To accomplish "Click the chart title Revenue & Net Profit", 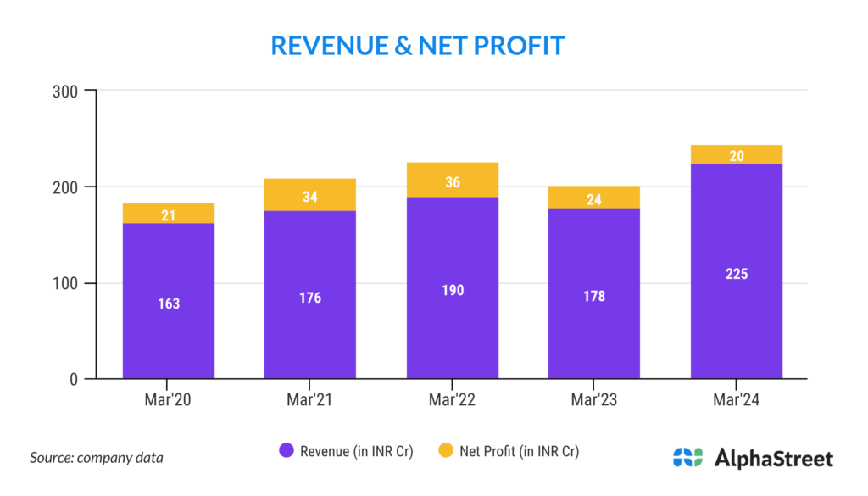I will click(418, 45).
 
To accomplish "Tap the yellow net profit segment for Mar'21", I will click(310, 195).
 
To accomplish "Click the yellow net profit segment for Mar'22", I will click(453, 180).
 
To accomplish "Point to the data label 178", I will click(594, 296).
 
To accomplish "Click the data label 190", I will click(453, 290).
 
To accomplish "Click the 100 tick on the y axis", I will click(68, 283).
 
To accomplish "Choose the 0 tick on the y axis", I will click(75, 379).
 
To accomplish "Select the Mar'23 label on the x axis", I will click(594, 399).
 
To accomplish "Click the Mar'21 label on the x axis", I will click(310, 399).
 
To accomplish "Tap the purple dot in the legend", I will click(287, 451).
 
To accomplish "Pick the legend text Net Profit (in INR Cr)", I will click(519, 451).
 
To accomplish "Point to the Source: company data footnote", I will click(96, 458).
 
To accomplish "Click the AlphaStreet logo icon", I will click(687, 458).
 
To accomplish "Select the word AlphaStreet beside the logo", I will click(774, 459).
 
